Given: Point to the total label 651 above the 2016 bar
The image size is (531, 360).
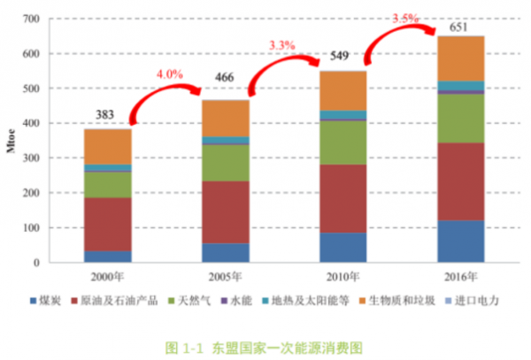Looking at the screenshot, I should [x=459, y=27].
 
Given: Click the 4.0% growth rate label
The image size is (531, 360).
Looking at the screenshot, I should [x=167, y=74].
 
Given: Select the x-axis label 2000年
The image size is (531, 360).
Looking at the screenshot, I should [x=107, y=276].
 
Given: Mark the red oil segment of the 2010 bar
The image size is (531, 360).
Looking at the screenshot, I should [x=342, y=198].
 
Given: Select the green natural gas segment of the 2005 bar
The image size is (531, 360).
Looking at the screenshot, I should [x=225, y=163].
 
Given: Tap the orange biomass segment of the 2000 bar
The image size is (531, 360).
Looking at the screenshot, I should [x=108, y=146].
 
